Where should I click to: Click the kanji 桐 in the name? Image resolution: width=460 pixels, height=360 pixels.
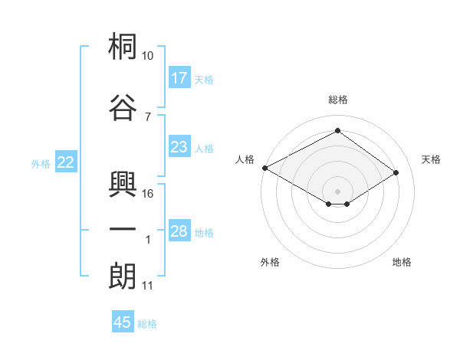tap(123, 46)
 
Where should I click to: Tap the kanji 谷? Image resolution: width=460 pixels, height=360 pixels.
tap(123, 107)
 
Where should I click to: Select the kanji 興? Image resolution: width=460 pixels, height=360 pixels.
tap(123, 184)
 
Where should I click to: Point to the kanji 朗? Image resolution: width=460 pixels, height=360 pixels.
tap(123, 276)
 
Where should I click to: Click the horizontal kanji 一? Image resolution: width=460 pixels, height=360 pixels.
tap(123, 229)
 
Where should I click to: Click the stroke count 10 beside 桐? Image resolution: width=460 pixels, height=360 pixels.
tap(147, 56)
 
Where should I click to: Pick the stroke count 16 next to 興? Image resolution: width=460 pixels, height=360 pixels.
tap(147, 194)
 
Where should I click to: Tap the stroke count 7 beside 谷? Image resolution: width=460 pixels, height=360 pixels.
tap(148, 117)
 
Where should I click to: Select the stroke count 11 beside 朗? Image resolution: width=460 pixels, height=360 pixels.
tap(147, 286)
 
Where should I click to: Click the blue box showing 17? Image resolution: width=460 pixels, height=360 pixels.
tap(179, 77)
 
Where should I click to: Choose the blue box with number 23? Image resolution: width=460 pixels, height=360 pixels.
tap(179, 146)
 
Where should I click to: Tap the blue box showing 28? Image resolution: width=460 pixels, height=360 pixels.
tap(179, 230)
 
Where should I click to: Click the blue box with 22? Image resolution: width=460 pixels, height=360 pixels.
tap(66, 162)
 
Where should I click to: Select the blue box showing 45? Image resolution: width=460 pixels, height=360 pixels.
tap(123, 321)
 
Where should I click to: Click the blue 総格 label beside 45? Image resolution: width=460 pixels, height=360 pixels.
tap(147, 324)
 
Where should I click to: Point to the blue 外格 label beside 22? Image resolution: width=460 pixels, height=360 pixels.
tap(41, 164)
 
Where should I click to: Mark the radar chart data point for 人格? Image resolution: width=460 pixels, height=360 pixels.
tap(265, 168)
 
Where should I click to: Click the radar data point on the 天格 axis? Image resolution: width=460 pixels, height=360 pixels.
tap(396, 172)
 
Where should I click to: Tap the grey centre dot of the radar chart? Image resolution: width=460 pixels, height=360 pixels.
tap(337, 191)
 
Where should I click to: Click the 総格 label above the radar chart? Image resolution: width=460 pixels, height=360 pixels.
tap(338, 100)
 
